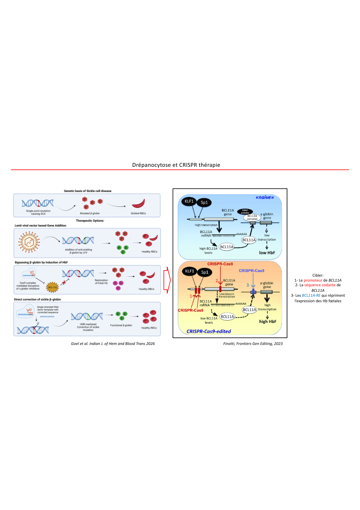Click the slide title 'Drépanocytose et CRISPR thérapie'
(x=176, y=165)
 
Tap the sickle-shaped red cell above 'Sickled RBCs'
(x=138, y=203)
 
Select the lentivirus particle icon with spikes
(x=29, y=241)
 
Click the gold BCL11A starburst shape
(x=53, y=287)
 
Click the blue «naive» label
(x=264, y=197)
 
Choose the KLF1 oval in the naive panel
(x=189, y=201)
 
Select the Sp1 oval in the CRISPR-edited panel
(x=205, y=272)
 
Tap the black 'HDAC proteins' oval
(x=245, y=212)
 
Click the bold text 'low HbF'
(x=267, y=253)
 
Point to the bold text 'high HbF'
(x=268, y=321)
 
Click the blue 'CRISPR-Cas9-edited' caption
(x=208, y=331)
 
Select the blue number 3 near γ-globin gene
(x=248, y=285)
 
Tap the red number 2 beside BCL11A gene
(x=217, y=280)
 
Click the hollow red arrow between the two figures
(x=167, y=280)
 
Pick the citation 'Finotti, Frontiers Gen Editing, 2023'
(x=253, y=343)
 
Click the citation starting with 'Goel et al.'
(x=113, y=343)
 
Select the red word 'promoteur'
(x=313, y=280)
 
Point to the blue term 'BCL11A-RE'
(x=311, y=295)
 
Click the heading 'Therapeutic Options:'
(x=90, y=221)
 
